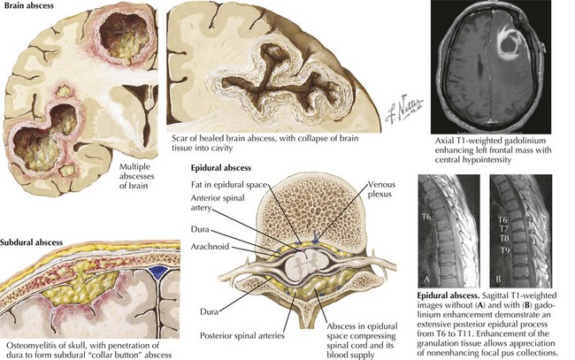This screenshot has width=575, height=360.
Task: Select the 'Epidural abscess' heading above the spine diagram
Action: pos(215,166)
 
